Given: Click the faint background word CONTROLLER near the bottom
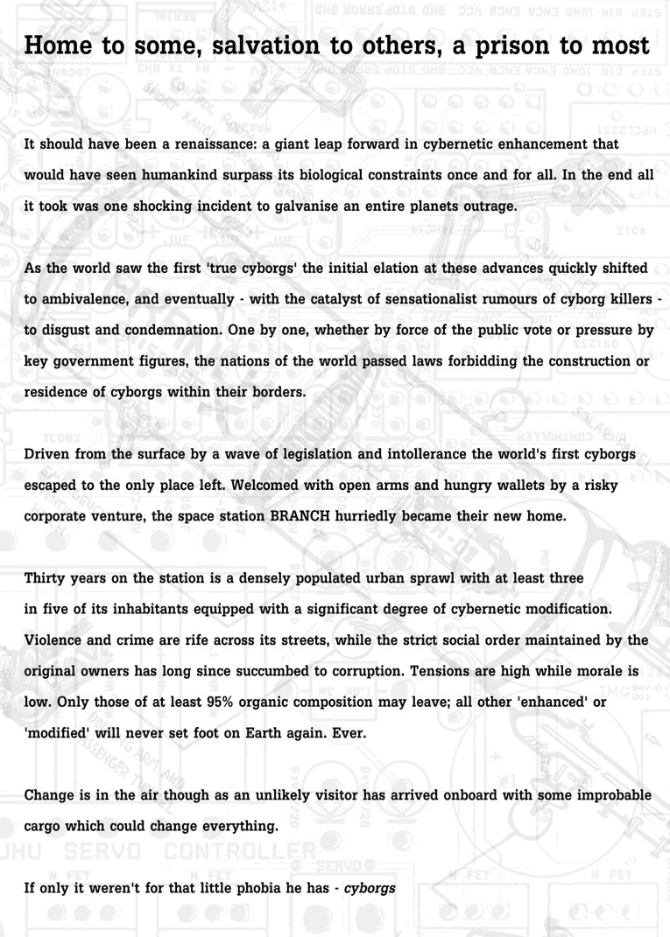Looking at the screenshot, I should click(238, 850).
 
